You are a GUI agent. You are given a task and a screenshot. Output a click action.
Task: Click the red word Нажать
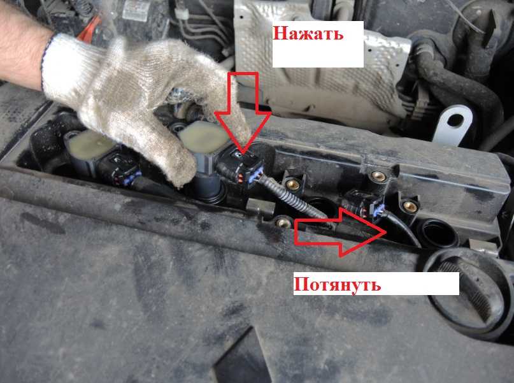308,33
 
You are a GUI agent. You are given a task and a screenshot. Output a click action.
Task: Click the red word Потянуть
337,285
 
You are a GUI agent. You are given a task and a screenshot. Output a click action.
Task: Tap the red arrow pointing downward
243,112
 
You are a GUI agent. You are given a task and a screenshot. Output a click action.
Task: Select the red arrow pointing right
339,232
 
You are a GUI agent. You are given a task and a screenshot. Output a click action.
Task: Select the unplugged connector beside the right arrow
364,206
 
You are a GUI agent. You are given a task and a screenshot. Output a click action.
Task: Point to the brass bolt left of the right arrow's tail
284,223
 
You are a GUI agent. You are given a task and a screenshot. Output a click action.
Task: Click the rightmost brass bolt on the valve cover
410,206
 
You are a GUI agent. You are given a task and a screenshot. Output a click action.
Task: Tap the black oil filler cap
472,292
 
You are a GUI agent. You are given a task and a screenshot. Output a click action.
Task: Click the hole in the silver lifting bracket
455,121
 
